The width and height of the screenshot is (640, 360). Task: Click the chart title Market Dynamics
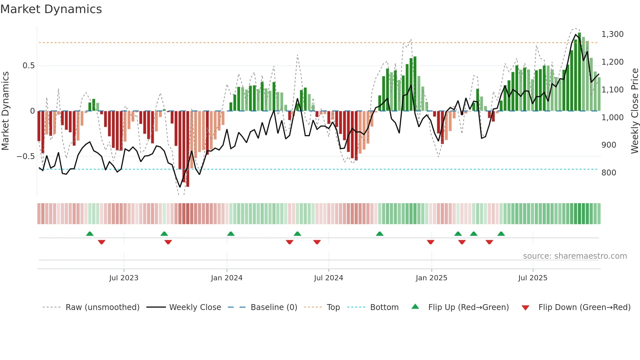coord(51,9)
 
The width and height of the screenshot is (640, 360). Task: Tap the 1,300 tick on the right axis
coord(612,34)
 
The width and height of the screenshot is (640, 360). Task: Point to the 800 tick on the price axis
coord(609,173)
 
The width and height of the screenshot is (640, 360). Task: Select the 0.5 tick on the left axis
coord(28,66)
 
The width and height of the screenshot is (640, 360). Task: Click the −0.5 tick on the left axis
coord(26,156)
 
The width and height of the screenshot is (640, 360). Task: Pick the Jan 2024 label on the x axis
coord(227,278)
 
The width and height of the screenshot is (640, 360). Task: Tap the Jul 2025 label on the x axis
coord(533,278)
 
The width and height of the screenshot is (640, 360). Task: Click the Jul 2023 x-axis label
coord(124,278)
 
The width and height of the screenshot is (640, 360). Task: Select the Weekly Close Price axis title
coord(634,111)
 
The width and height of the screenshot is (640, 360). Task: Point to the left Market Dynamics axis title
coord(5,111)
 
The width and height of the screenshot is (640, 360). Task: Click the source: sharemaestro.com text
coord(575,256)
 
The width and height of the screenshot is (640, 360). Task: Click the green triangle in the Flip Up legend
coord(415,306)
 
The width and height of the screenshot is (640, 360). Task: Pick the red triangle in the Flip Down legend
coord(525,308)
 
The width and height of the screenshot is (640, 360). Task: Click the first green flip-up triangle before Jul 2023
coord(90,234)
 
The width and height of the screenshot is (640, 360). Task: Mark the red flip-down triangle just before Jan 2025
coord(430,242)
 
